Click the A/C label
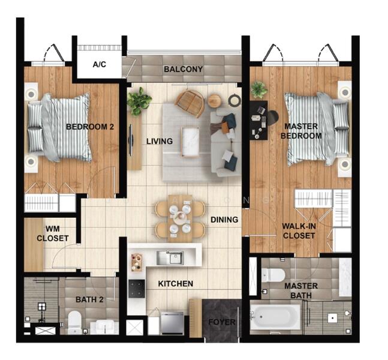click(x=100, y=64)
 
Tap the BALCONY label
click(x=184, y=69)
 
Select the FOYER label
click(x=222, y=322)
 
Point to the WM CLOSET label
click(x=52, y=233)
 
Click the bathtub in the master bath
click(x=275, y=317)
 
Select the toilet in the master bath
click(x=273, y=275)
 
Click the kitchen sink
click(x=170, y=258)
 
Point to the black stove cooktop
click(x=137, y=289)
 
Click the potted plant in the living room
click(x=139, y=101)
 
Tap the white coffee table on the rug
click(x=190, y=142)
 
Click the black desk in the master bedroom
click(x=258, y=121)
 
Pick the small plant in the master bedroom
click(x=259, y=89)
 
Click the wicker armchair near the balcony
click(x=190, y=103)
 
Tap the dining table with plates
click(x=180, y=218)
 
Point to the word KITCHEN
click(x=176, y=283)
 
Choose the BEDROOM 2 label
click(x=90, y=127)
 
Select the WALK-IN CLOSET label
click(x=299, y=231)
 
